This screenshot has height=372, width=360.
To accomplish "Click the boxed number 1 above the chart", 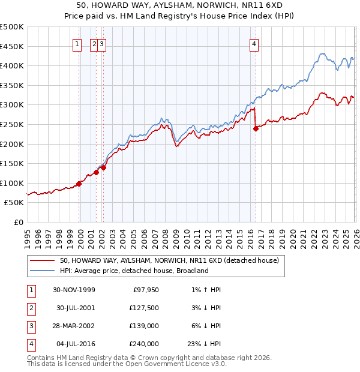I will point(77,44).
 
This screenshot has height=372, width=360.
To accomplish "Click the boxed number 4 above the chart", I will point(254,44).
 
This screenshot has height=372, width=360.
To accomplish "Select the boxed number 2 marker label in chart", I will point(94,44).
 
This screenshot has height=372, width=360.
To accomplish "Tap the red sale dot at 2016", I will point(256,128).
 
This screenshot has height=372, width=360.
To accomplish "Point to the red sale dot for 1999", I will point(79,184).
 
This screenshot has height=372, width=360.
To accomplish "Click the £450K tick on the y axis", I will point(11,46).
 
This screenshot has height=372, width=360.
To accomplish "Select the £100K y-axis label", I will point(11,183).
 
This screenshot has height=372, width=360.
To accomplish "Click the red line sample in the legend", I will point(43,261).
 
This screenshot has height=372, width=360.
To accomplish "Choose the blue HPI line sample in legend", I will point(43,271).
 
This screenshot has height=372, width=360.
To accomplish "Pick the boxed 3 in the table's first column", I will point(31,326).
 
